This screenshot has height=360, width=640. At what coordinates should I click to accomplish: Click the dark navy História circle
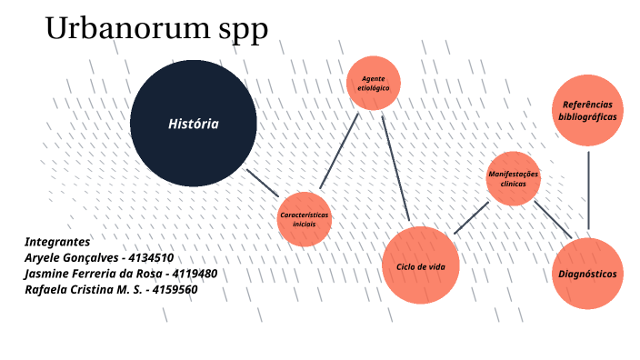[193, 124]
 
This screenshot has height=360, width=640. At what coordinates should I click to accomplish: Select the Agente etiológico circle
[374, 84]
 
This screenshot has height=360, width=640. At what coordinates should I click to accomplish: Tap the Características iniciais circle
[304, 219]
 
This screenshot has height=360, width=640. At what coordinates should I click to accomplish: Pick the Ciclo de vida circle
[420, 265]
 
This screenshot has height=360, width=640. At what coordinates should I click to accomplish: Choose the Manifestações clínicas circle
[514, 178]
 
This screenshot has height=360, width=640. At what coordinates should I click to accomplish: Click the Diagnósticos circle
[588, 274]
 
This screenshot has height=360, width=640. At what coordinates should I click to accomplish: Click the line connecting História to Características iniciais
[264, 181]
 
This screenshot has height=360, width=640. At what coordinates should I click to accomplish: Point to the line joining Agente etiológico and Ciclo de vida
[396, 169]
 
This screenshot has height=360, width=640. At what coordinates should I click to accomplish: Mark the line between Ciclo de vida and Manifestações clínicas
[472, 217]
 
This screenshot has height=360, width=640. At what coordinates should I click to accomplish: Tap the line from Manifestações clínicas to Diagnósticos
[553, 220]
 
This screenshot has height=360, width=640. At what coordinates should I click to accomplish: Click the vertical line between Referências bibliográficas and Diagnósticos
[588, 191]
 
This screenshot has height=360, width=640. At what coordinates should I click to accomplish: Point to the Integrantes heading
[57, 242]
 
